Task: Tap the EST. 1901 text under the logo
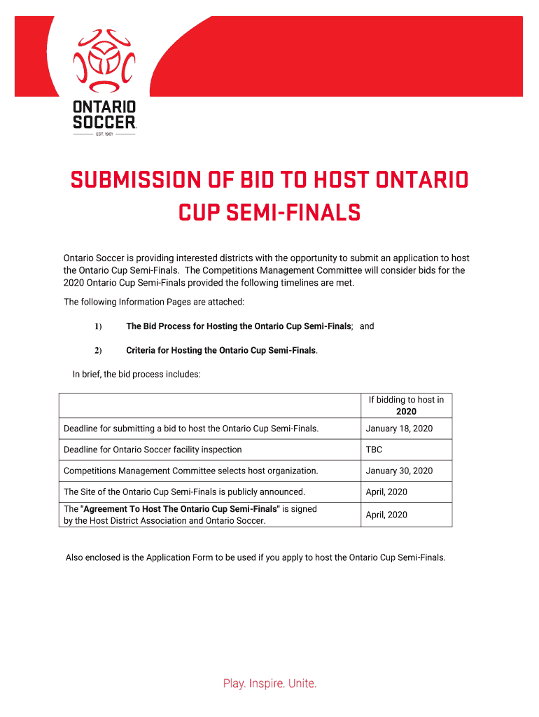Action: coord(104,134)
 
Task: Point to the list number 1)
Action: coord(98,326)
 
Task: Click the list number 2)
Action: coord(98,350)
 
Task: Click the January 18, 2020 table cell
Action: coord(399,429)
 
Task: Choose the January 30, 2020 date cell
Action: coord(399,471)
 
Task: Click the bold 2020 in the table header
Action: coord(406,412)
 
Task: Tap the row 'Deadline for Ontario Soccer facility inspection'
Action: coord(153,450)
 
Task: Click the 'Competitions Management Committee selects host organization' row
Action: coord(190,471)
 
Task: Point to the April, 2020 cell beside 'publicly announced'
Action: coord(386,492)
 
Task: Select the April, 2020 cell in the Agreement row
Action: coord(386,515)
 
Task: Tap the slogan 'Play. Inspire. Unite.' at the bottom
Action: coord(269,683)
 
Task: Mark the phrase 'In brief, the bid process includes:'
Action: coord(136,374)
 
